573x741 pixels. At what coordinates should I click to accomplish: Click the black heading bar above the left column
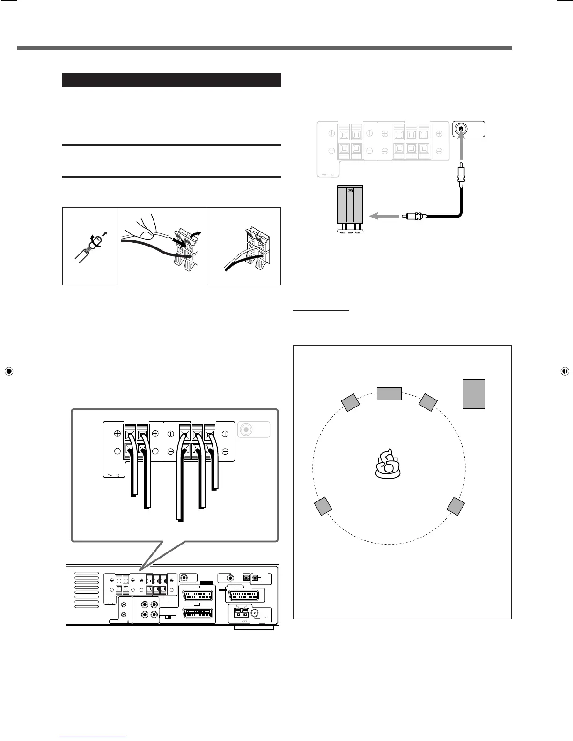tap(171, 80)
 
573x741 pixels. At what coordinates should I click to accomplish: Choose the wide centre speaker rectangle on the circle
tap(389, 394)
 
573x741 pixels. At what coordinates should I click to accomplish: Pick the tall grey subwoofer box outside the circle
tap(473, 394)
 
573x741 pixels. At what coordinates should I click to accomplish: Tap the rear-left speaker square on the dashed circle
tap(323, 507)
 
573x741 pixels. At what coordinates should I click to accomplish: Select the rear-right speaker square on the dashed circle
tap(455, 506)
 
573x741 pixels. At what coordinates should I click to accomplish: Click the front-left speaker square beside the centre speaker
tap(350, 403)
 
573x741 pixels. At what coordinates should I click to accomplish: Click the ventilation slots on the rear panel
tap(87, 589)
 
